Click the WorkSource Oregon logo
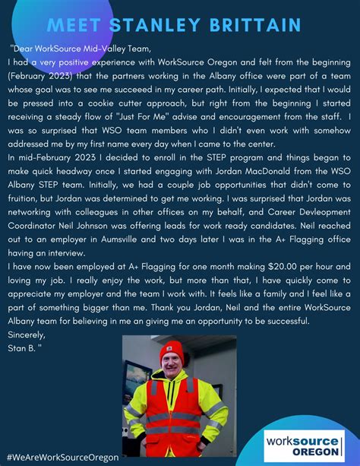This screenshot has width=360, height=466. click(x=302, y=442)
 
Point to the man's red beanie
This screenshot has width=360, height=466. click(x=172, y=355)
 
